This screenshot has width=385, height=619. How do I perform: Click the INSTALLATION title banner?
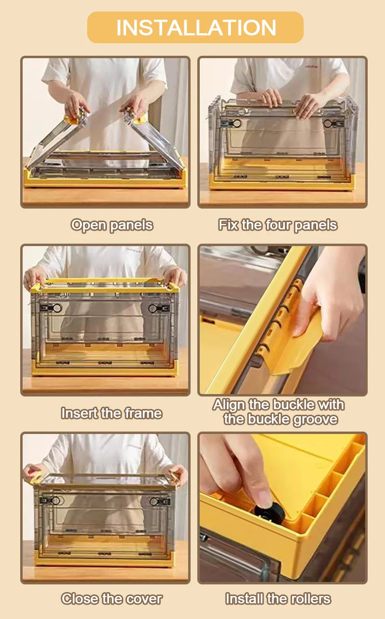point(195,27)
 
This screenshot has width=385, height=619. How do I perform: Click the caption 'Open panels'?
point(112,225)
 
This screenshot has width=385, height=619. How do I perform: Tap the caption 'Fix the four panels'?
point(278,224)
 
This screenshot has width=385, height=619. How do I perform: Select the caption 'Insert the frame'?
point(112,413)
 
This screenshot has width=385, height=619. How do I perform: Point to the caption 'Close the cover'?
point(112,598)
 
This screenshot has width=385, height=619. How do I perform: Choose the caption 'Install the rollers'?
point(278,598)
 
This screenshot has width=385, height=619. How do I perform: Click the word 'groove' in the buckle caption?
point(316,420)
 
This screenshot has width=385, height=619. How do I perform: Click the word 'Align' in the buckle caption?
point(229,405)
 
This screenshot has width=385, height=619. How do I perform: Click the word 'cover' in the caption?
point(144,599)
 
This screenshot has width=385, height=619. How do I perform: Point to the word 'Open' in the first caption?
point(89,225)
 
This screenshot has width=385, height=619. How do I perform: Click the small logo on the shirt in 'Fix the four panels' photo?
point(311,67)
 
